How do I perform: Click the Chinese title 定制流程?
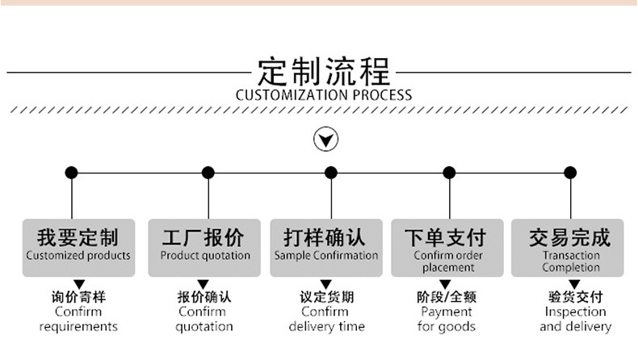[x=324, y=71]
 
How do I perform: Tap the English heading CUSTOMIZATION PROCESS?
[x=324, y=95]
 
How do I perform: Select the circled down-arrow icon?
[x=325, y=140]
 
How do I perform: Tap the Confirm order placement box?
[x=448, y=247]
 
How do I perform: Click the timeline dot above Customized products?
[x=72, y=172]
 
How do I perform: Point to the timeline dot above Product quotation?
[x=208, y=172]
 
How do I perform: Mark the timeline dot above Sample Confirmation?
[x=331, y=172]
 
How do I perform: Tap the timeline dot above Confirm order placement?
[x=449, y=172]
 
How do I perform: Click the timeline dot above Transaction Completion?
[x=570, y=172]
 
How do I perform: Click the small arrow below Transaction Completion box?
[x=575, y=283]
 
